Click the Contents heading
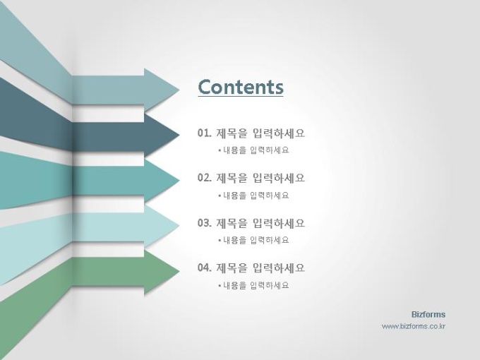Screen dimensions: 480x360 click(x=241, y=87)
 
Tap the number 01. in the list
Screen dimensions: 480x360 click(x=205, y=133)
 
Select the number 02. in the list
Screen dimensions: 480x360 click(x=205, y=178)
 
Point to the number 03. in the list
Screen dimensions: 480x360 click(x=205, y=223)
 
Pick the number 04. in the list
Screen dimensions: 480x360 click(x=205, y=268)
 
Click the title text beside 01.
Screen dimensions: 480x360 click(x=260, y=133)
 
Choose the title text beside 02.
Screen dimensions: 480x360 click(x=260, y=178)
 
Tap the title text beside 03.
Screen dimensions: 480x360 click(x=260, y=223)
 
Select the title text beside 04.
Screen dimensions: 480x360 click(x=260, y=268)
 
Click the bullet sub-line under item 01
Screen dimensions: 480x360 click(x=254, y=150)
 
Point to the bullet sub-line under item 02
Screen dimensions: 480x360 click(x=254, y=196)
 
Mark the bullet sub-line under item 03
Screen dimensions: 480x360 click(x=254, y=240)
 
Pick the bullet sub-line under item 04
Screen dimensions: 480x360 click(x=254, y=286)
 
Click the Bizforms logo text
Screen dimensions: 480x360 click(x=428, y=314)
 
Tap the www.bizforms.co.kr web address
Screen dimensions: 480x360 click(x=414, y=326)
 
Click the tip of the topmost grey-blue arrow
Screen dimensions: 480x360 click(x=179, y=90)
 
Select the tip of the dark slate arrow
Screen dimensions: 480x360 click(x=179, y=135)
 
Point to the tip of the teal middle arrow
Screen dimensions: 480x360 click(x=179, y=180)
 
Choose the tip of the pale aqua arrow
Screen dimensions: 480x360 click(x=179, y=226)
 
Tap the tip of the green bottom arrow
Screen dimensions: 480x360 click(x=179, y=271)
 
